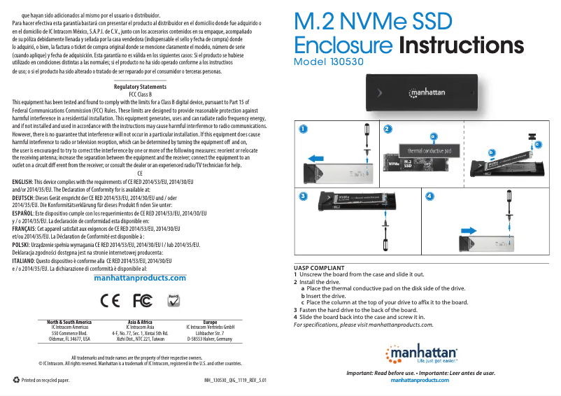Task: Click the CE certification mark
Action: (111, 300)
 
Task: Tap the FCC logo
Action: (142, 300)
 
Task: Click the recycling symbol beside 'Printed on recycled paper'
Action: (17, 380)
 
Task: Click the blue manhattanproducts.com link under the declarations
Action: (140, 278)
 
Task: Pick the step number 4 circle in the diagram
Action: (430, 196)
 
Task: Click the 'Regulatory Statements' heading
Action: (140, 87)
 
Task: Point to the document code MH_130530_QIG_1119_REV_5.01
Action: (235, 381)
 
